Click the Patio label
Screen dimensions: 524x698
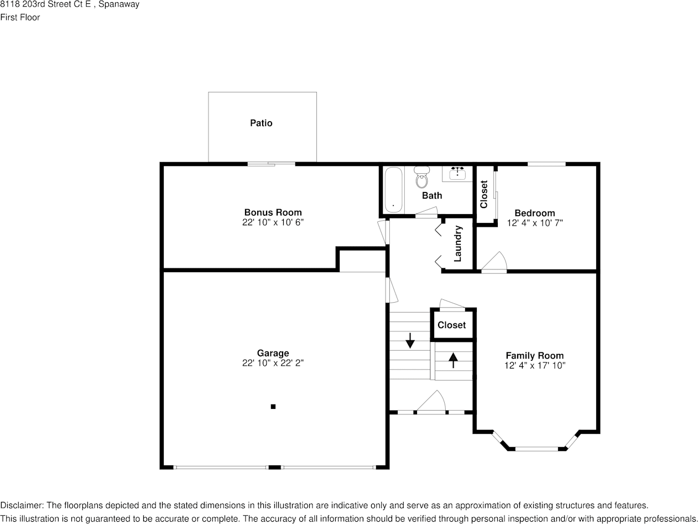point(261,123)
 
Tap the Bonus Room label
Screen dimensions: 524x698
point(273,212)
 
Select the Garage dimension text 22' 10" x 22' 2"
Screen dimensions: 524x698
point(273,363)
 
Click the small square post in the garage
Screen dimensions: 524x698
point(273,407)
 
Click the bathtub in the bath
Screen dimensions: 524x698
point(393,190)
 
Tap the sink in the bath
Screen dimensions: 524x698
point(457,174)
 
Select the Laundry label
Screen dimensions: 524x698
point(457,244)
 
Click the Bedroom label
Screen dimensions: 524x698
point(534,213)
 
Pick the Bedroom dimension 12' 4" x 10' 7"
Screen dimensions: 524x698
point(534,223)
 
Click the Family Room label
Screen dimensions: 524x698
point(534,356)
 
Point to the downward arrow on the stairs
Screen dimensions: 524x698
point(410,340)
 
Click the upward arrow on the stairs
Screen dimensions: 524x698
point(453,360)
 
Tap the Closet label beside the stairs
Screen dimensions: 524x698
point(451,325)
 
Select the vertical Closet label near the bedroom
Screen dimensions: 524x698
point(484,195)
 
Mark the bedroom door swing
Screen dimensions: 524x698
point(495,262)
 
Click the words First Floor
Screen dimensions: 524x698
point(20,17)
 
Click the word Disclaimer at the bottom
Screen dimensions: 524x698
point(21,505)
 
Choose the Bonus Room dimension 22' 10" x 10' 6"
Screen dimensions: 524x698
point(273,222)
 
